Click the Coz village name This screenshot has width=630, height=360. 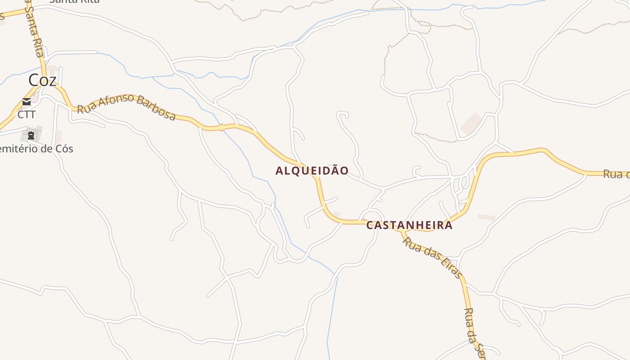pos(42,81)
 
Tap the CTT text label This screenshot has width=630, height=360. pos(27,115)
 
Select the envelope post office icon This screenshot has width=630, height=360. pos(27,102)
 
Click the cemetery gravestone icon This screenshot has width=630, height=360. pos(31,135)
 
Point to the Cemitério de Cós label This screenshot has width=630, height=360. pos(36,149)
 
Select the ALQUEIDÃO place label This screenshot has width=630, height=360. pos(312,171)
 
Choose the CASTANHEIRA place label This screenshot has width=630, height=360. pos(409,225)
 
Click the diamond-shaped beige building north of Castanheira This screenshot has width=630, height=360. pos(471,123)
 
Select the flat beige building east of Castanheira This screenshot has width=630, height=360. pos(486,217)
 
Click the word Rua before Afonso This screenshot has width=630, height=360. pos(85,108)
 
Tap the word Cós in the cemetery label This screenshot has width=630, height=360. pos(63,149)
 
